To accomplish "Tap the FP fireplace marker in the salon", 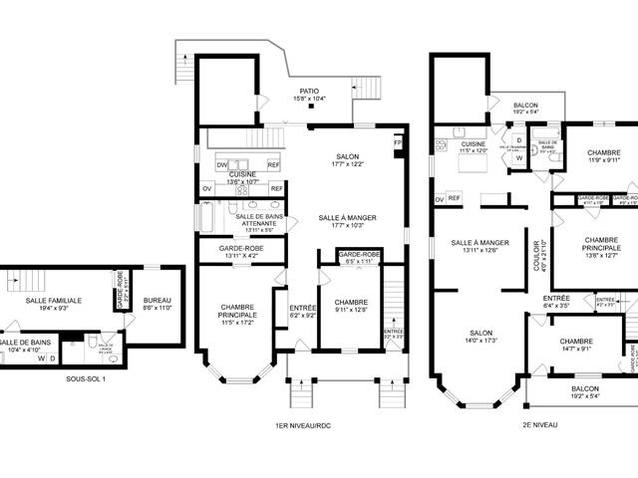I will pyautogui.click(x=398, y=143).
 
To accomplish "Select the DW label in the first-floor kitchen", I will pyautogui.click(x=222, y=164).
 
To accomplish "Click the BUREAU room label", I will pyautogui.click(x=158, y=300).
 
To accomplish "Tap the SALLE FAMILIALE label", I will pyautogui.click(x=54, y=300).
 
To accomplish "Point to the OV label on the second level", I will pyautogui.click(x=439, y=199).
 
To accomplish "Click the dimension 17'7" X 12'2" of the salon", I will pyautogui.click(x=347, y=164).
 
